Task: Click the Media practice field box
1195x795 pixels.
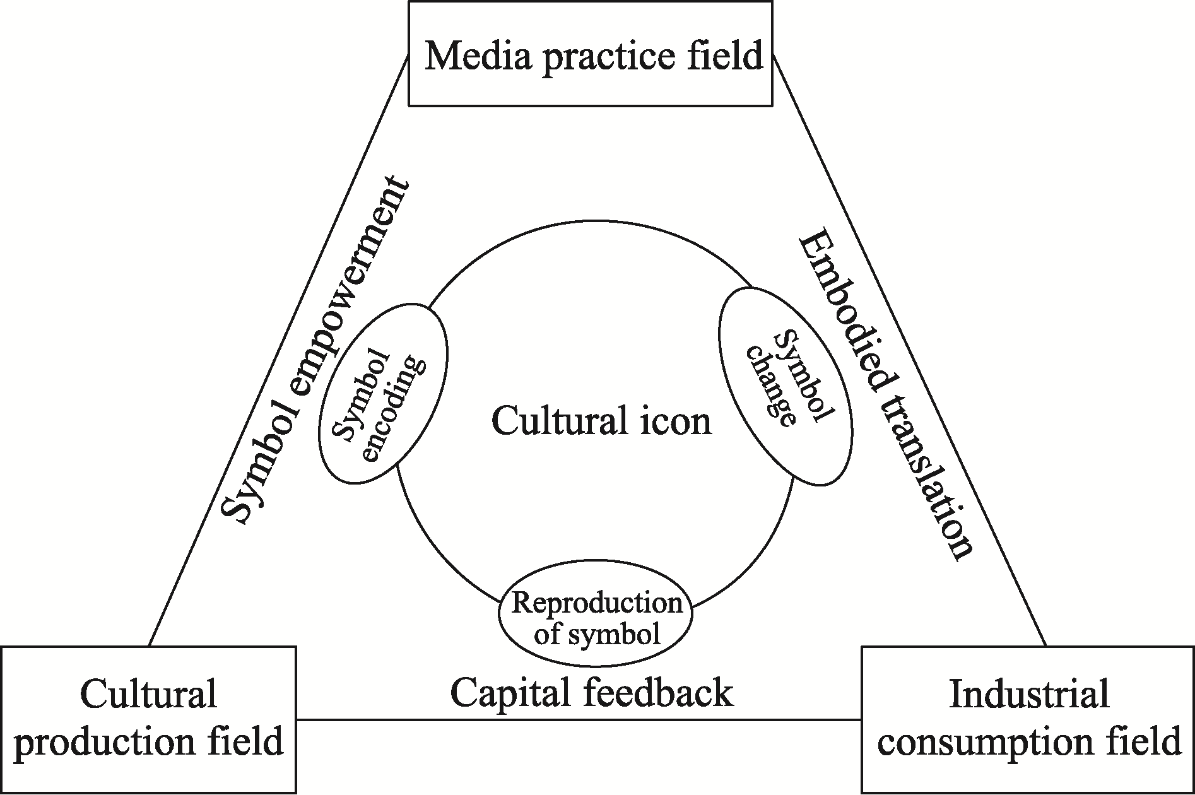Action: pos(591,54)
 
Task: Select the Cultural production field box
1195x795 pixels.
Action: pos(149,719)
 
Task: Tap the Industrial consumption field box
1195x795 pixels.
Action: pos(1028,719)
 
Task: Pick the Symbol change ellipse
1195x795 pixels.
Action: pos(786,386)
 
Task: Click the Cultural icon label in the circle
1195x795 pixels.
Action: pos(601,421)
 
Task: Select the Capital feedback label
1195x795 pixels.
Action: pos(592,693)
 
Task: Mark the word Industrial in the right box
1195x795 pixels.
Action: pos(1029,695)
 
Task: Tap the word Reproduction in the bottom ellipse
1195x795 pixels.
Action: pos(596,603)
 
